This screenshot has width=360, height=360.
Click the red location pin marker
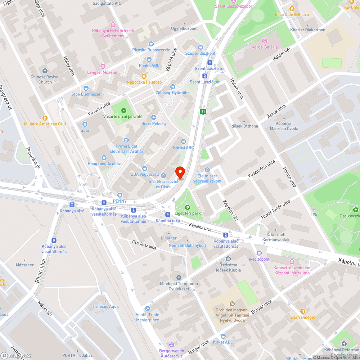[179, 172]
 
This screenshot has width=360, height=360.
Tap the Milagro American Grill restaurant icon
[45, 117]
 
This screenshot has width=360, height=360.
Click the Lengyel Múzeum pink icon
[103, 66]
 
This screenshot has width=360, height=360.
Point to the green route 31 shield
[203, 112]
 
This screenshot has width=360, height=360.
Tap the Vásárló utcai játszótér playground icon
[124, 110]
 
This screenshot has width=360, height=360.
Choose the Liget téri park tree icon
[187, 207]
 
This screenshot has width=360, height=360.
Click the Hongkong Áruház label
[104, 164]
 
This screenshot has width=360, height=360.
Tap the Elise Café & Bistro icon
[292, 8]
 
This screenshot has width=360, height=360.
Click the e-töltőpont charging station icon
[259, 253]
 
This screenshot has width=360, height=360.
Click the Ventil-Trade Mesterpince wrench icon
[148, 309]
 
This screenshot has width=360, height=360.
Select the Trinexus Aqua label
[105, 307]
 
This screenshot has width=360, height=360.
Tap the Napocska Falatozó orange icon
[144, 76]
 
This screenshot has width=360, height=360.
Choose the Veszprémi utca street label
[261, 168]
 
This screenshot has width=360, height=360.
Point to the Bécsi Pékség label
[153, 123]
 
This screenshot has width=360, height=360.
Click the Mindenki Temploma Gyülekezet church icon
[179, 277]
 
